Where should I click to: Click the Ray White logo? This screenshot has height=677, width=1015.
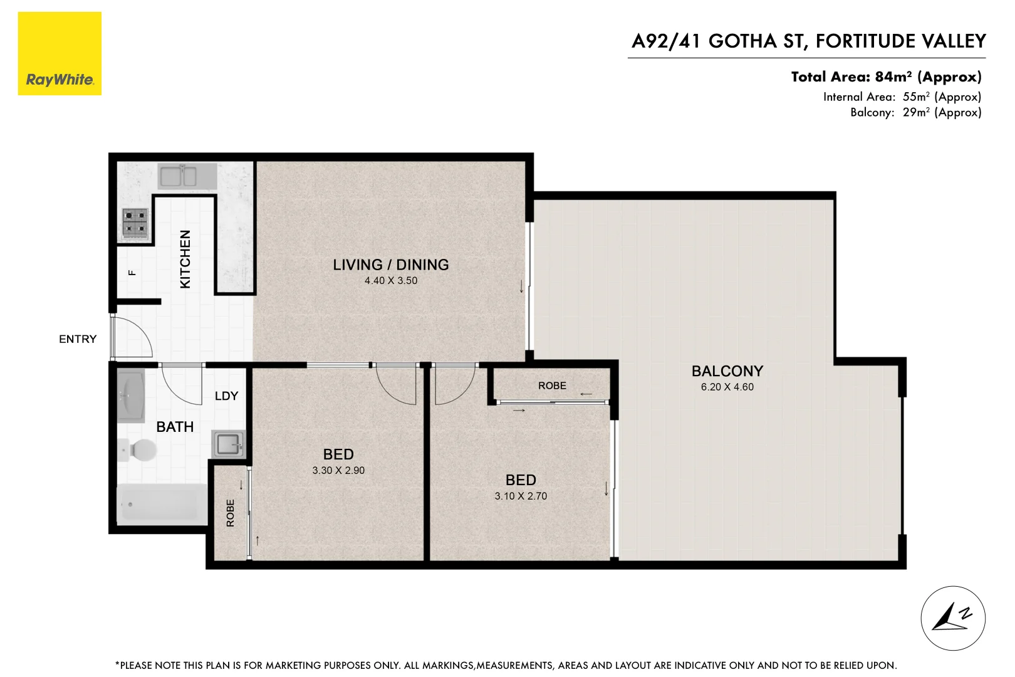click(60, 54)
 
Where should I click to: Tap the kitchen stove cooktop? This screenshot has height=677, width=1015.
click(135, 224)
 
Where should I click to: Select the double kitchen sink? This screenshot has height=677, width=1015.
click(179, 177)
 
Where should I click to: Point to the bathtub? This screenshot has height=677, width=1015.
click(162, 504)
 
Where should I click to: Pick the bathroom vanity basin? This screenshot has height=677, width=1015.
click(131, 396)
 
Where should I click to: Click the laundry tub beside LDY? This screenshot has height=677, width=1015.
click(229, 445)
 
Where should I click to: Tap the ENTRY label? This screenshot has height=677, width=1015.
click(78, 339)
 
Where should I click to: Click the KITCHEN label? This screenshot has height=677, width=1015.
click(185, 259)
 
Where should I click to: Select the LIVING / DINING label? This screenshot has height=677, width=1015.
click(390, 265)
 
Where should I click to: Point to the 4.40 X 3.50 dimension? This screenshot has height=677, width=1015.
click(391, 281)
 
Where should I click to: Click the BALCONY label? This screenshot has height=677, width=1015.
click(727, 371)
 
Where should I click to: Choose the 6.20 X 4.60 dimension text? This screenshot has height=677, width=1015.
click(727, 387)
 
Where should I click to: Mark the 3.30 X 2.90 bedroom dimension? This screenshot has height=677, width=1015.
click(338, 471)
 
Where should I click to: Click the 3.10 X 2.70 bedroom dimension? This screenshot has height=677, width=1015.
click(521, 496)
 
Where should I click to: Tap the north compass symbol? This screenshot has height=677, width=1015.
click(952, 618)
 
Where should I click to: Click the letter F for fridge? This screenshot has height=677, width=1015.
click(132, 272)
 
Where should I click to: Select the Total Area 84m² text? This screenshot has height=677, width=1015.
click(885, 77)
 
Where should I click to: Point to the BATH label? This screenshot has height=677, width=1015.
click(175, 427)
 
